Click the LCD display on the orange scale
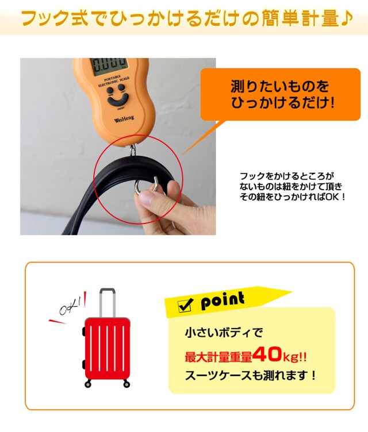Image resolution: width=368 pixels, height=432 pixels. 109,66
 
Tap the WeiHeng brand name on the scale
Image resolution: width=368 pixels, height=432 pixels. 124,119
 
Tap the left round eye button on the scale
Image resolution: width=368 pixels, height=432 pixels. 110,90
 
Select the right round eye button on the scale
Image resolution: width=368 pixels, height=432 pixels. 121,87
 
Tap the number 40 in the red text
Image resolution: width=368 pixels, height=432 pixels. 267,354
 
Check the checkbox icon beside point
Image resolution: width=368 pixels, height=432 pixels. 185,305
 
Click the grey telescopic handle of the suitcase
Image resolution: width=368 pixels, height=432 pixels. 108,303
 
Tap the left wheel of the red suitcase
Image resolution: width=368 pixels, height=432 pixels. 88,384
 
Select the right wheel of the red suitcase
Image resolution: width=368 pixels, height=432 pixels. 126,384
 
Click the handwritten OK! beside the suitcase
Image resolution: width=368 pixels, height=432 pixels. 70,307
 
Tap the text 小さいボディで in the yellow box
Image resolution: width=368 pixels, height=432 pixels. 224,333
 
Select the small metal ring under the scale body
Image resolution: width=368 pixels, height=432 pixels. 133,149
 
